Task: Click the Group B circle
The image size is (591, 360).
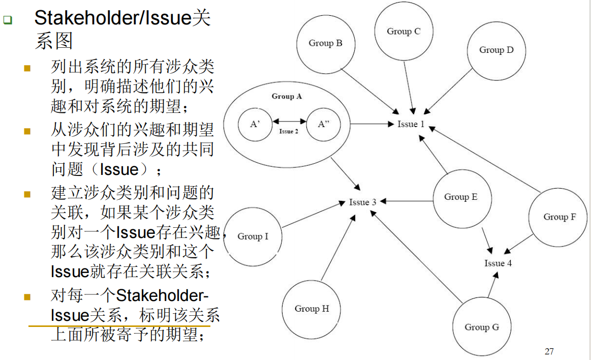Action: [x=325, y=44]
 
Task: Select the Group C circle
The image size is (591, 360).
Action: [x=404, y=32]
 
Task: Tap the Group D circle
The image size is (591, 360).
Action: [x=496, y=50]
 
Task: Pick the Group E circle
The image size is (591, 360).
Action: [x=461, y=197]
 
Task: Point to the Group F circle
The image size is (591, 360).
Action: [x=559, y=217]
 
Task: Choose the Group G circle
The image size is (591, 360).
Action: [x=481, y=327]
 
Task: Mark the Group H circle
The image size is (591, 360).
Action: [x=312, y=309]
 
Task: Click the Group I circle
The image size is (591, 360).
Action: [x=253, y=236]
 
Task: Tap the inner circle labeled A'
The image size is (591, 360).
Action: [x=255, y=124]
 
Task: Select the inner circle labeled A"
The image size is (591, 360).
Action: [x=323, y=124]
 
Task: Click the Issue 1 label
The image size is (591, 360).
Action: [x=411, y=124]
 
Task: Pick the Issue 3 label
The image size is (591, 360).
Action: [x=362, y=202]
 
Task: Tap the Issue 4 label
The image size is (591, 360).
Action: [x=498, y=263]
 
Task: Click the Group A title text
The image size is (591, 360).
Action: [x=287, y=96]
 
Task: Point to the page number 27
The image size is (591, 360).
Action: [x=549, y=351]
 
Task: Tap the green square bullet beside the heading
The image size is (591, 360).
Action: [x=7, y=20]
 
